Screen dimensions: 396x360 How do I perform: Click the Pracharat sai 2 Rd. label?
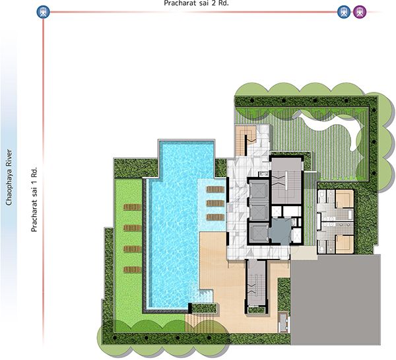(x=196, y=3)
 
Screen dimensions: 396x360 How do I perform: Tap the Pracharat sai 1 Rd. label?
(x=34, y=199)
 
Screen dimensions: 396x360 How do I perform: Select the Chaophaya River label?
(x=9, y=177)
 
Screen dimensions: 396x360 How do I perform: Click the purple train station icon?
(x=360, y=12)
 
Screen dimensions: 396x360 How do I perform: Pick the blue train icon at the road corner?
(x=43, y=12)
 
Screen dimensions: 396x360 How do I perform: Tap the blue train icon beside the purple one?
(x=344, y=12)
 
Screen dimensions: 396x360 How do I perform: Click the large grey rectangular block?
(x=335, y=300)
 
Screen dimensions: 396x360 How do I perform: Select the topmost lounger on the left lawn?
(x=132, y=207)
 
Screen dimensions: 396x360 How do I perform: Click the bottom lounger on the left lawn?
(x=132, y=270)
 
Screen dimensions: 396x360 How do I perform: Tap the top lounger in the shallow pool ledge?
(x=215, y=190)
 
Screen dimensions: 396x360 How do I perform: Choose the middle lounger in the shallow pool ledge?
(x=215, y=203)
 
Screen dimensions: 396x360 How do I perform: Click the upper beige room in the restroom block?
(x=345, y=199)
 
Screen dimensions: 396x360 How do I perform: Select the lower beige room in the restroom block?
(x=345, y=244)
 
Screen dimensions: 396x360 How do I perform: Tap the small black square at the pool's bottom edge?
(x=190, y=308)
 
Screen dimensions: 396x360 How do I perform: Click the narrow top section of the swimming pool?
(x=187, y=159)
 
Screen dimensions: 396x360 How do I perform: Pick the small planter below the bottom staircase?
(x=256, y=310)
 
